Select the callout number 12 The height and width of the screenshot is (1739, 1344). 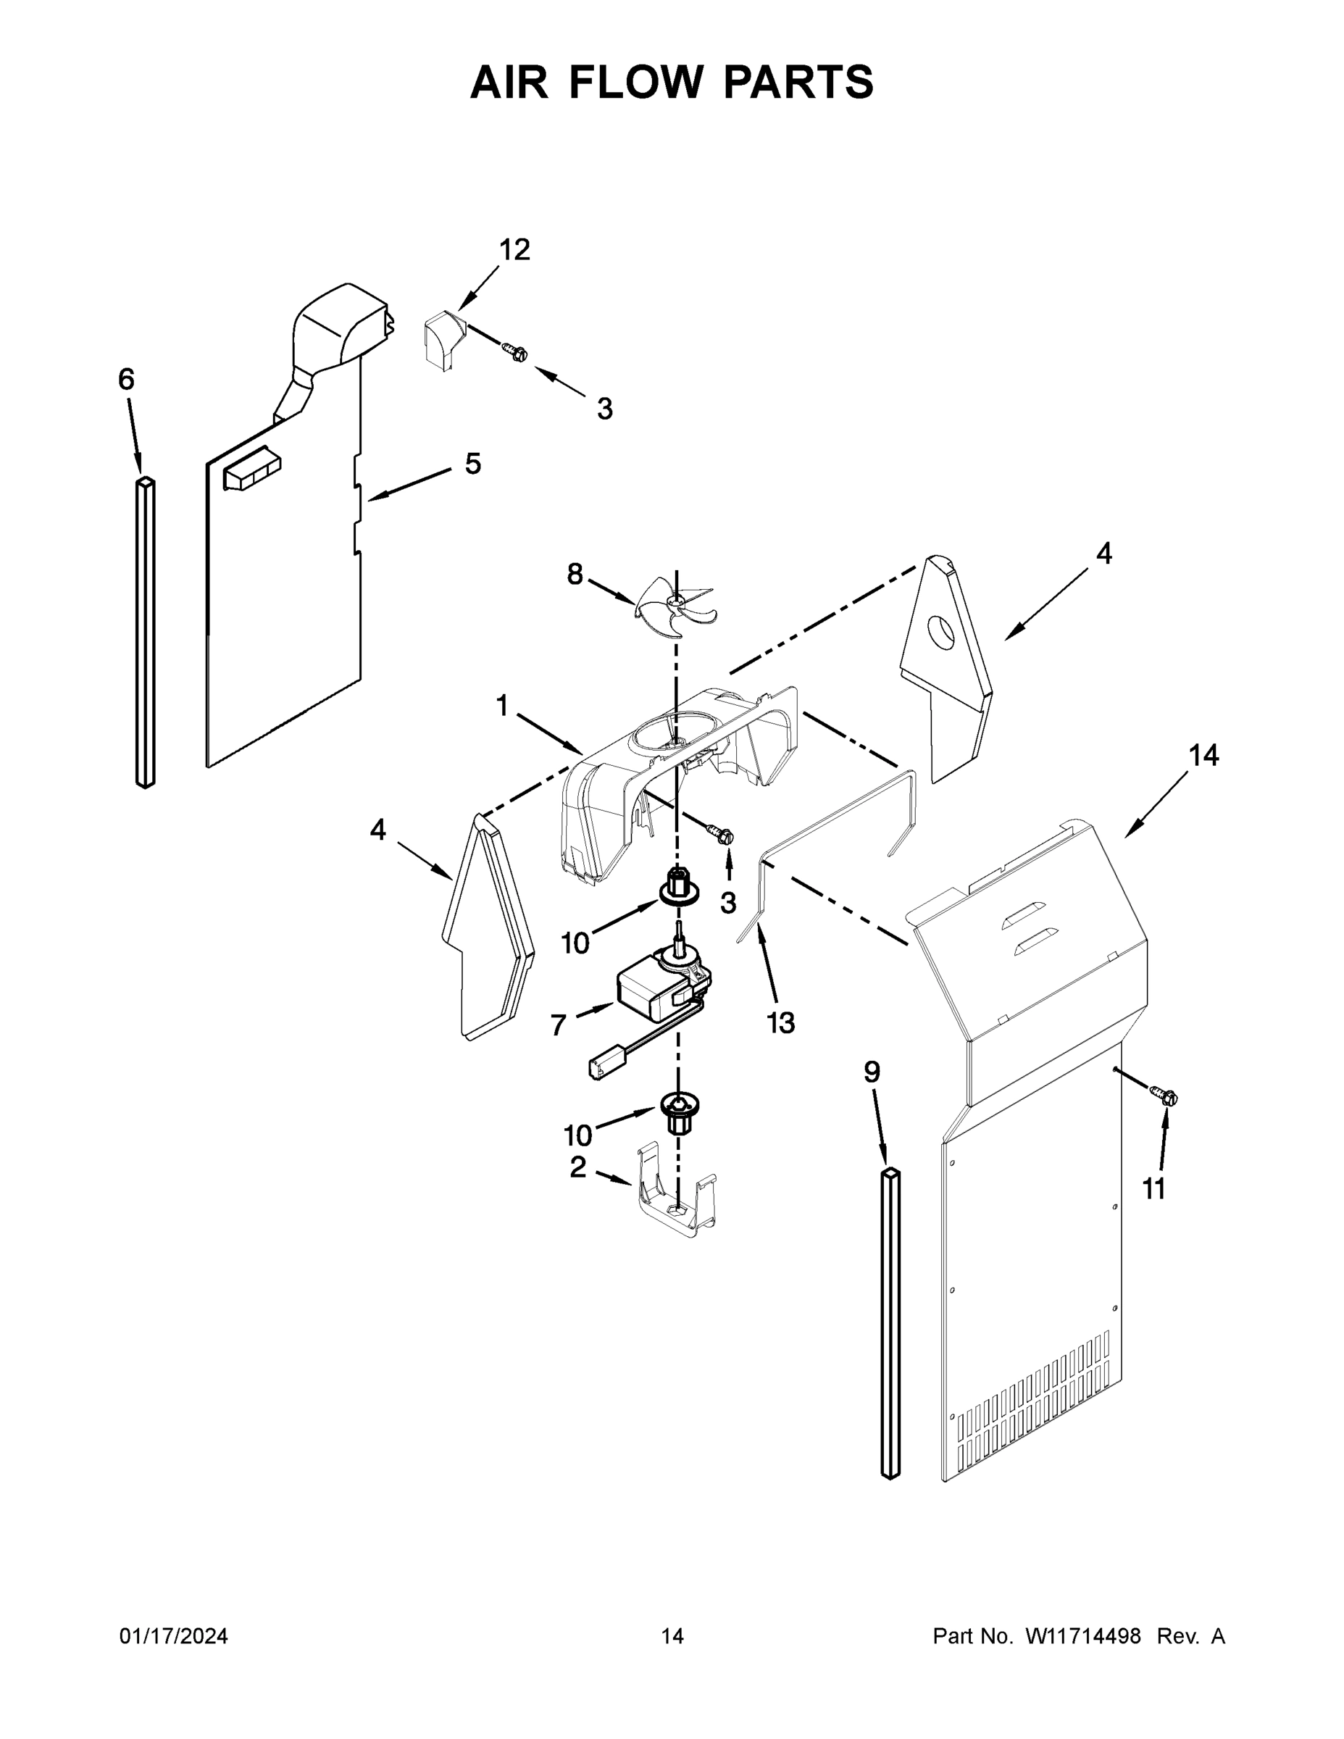tap(514, 250)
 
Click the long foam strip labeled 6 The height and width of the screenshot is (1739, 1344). tap(145, 633)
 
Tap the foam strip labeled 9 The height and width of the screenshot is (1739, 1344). tap(890, 1322)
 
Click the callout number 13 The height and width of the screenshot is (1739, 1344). tap(780, 1022)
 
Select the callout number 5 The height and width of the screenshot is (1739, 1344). tap(473, 464)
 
